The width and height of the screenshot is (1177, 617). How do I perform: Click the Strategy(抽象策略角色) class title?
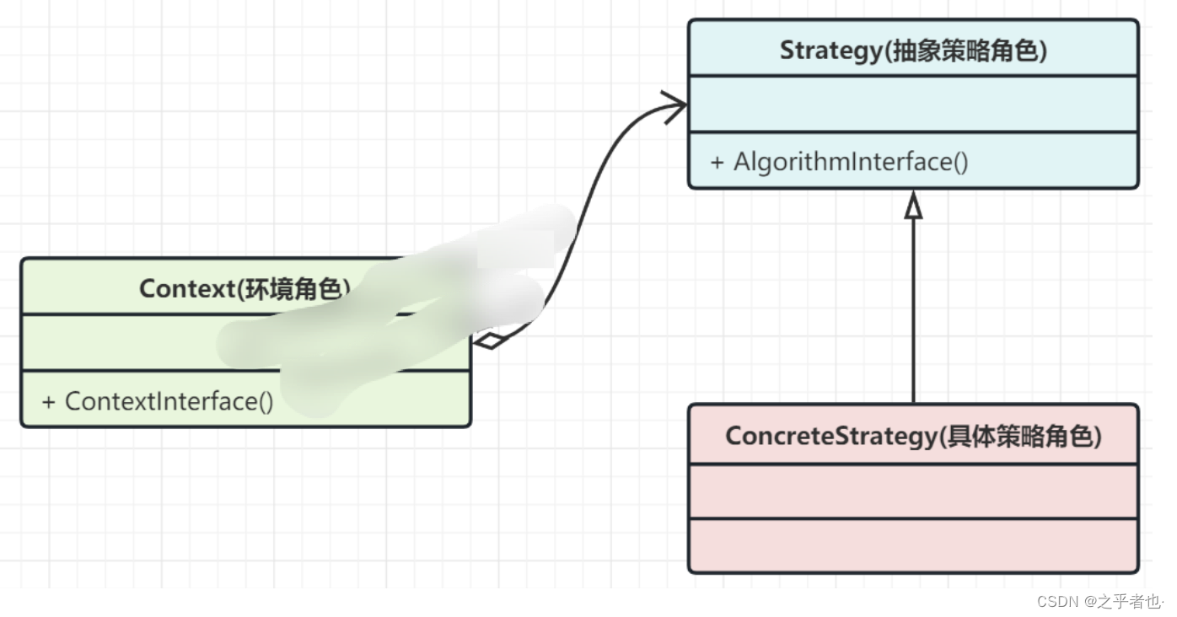click(x=913, y=51)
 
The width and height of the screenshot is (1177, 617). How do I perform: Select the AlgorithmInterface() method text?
click(x=851, y=162)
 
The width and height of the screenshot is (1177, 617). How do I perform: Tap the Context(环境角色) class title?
click(x=245, y=288)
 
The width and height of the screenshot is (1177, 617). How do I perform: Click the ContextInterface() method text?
click(x=169, y=401)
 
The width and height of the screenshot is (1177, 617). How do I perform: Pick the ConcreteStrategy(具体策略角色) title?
click(x=913, y=436)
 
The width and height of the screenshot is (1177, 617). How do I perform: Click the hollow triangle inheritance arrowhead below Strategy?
click(x=913, y=205)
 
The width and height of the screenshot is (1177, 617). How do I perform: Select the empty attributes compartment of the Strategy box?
click(x=913, y=105)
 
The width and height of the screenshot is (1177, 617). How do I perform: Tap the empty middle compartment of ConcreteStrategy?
click(x=913, y=491)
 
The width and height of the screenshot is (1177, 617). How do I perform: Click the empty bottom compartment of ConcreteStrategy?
click(x=913, y=546)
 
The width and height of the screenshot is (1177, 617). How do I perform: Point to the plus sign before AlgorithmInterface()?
click(x=717, y=162)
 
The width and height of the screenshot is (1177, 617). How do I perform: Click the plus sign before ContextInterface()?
click(x=49, y=401)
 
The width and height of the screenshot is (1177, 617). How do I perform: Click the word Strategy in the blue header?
click(x=830, y=51)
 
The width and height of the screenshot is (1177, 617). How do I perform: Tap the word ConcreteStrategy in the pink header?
click(x=830, y=436)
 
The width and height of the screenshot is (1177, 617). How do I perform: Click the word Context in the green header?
click(x=185, y=288)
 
